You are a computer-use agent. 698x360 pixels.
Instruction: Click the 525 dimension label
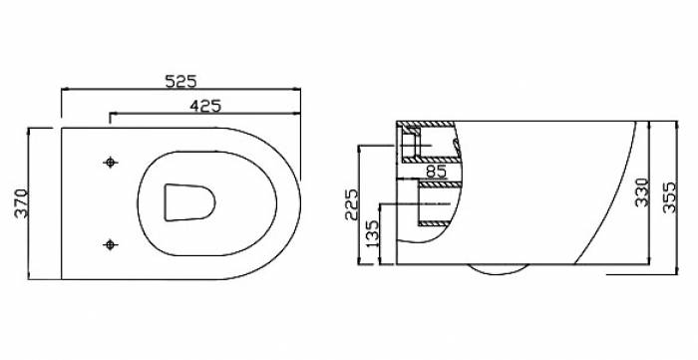[180, 82]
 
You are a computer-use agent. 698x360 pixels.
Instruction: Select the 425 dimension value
[205, 106]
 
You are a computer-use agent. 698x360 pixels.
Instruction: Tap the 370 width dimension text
[21, 203]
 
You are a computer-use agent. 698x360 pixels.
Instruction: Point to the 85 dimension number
[437, 172]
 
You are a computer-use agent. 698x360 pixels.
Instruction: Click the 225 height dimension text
[351, 204]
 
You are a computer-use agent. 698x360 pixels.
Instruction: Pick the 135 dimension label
[372, 233]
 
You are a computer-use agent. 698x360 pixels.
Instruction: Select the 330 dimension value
[642, 192]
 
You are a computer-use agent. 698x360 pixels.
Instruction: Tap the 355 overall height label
[669, 197]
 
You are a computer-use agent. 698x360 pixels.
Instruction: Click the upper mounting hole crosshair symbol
[111, 163]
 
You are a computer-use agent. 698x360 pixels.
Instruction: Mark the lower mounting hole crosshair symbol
[111, 244]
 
